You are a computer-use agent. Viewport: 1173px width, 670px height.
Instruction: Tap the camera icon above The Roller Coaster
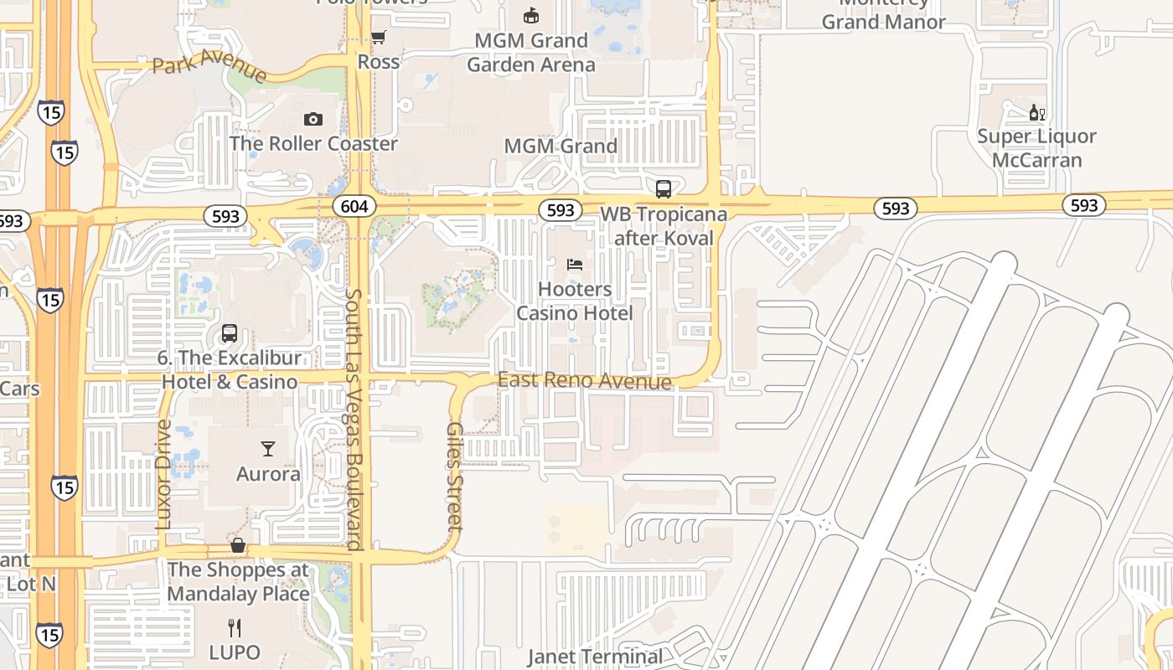click(x=313, y=120)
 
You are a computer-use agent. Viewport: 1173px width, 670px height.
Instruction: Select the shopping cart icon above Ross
click(x=378, y=37)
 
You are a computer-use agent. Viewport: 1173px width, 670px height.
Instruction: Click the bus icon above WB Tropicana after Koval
click(x=664, y=189)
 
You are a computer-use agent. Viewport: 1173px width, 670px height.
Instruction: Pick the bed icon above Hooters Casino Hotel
click(x=575, y=265)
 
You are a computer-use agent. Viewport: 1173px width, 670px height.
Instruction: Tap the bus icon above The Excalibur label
click(x=230, y=333)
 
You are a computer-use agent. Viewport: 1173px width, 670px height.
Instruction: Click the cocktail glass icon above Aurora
click(x=268, y=449)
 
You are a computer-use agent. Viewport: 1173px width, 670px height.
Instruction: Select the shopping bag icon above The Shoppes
click(x=238, y=545)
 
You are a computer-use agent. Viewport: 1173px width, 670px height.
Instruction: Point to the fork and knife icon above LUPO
click(x=235, y=627)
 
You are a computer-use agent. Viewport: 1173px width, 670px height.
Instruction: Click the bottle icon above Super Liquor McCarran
click(x=1037, y=112)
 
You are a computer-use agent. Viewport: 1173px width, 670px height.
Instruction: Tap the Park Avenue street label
click(x=209, y=65)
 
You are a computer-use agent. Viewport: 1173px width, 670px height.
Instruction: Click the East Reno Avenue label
click(x=585, y=381)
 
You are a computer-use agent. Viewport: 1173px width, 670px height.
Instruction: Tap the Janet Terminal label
click(x=595, y=657)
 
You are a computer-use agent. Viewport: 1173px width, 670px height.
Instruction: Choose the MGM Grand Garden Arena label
click(x=531, y=52)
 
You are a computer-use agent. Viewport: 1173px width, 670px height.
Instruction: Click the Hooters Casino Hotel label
click(x=575, y=301)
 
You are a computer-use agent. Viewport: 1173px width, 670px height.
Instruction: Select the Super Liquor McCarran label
click(x=1037, y=148)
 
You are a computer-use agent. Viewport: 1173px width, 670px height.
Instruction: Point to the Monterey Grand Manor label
click(x=883, y=15)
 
